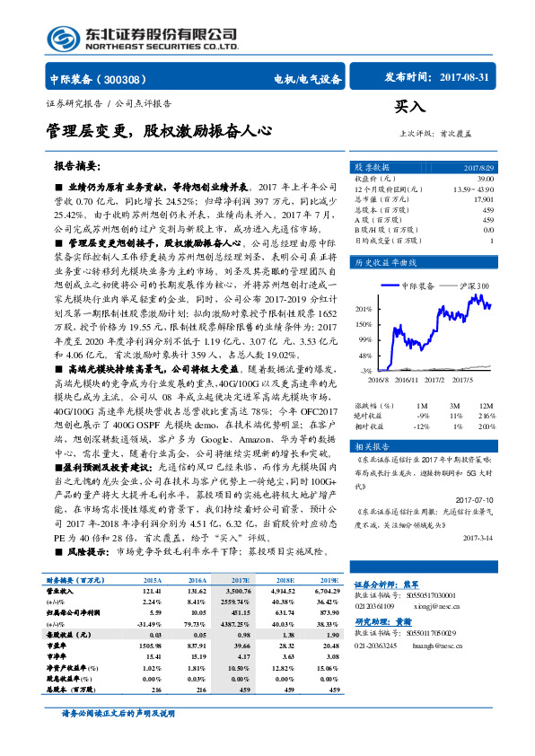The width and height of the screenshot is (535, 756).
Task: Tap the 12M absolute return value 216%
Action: point(485,416)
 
